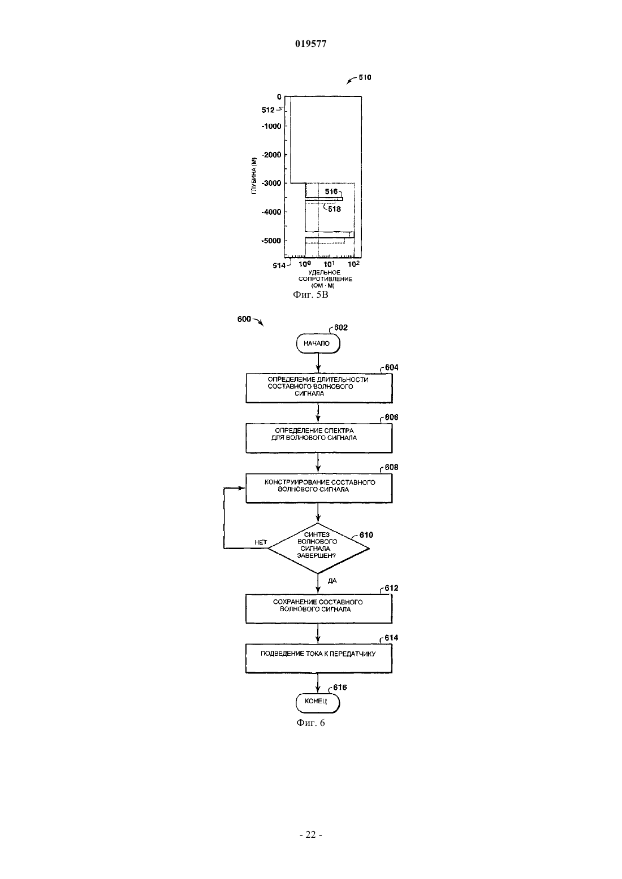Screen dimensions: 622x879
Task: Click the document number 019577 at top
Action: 310,43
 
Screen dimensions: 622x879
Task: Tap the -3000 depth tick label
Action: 271,183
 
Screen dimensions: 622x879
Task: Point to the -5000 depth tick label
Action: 271,241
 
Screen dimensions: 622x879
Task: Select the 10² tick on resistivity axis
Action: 353,264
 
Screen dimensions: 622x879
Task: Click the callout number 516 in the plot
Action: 331,192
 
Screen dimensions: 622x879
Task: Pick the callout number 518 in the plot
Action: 335,209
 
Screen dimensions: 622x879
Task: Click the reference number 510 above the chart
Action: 365,77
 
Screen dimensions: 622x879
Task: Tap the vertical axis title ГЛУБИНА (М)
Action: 254,176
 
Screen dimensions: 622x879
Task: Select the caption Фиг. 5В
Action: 310,294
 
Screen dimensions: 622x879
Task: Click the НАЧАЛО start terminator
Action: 318,343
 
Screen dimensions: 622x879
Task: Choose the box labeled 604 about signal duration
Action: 319,388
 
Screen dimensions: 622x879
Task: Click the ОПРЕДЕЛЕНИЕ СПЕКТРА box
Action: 319,438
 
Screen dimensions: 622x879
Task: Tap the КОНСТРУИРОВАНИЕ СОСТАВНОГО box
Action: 319,488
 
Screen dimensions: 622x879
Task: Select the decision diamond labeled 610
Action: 318,548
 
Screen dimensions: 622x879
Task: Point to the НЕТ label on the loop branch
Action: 261,542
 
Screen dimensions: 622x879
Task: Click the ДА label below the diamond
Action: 332,581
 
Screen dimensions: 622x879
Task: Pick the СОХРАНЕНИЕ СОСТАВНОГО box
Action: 319,608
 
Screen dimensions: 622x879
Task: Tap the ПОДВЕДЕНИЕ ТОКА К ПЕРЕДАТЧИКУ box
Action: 319,659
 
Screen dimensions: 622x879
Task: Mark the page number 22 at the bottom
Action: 310,835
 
